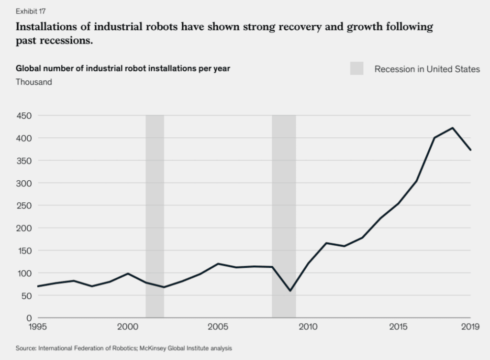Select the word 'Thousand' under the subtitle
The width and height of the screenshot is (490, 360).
click(34, 82)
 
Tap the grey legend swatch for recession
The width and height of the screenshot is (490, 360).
click(356, 69)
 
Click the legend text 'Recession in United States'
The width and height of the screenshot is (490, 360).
click(427, 69)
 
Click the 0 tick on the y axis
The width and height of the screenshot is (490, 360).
click(29, 318)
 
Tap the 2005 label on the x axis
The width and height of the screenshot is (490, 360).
click(218, 327)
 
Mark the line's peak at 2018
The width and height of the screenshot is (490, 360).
click(452, 128)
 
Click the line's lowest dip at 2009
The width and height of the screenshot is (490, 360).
click(290, 291)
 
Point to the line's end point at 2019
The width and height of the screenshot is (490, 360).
click(470, 150)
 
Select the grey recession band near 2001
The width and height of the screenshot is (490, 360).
click(155, 215)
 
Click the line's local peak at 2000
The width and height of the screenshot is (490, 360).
click(128, 273)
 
